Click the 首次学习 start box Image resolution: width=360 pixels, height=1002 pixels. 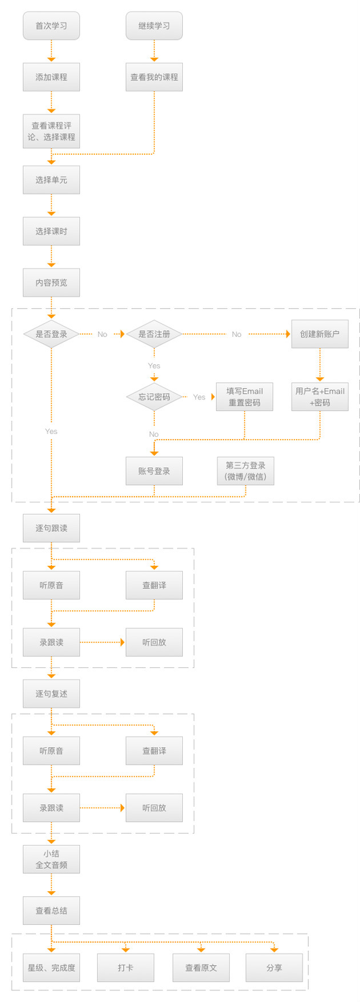(x=51, y=26)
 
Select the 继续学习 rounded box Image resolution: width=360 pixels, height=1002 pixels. (x=154, y=26)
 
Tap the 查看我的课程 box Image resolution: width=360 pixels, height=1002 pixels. (x=154, y=77)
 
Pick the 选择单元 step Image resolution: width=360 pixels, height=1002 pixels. (x=51, y=180)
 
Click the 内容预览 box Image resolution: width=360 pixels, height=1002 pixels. (x=51, y=283)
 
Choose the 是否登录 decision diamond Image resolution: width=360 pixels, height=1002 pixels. (x=51, y=334)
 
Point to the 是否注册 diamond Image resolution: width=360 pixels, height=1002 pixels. (x=154, y=334)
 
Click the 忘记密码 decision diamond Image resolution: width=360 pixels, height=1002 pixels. (x=154, y=397)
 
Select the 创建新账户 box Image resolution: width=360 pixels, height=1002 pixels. (x=320, y=334)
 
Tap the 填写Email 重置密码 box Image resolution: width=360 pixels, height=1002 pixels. (x=245, y=397)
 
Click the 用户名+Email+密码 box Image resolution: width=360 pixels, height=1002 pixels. (x=320, y=397)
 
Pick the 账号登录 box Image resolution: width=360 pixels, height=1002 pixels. (x=154, y=471)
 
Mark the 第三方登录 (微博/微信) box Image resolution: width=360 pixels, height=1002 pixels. (x=246, y=471)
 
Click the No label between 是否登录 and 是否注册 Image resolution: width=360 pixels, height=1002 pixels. (x=102, y=334)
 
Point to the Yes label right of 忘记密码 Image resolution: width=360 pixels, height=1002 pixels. (x=199, y=397)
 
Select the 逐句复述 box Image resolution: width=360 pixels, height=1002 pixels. (x=51, y=694)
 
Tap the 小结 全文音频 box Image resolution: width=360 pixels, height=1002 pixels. (x=51, y=859)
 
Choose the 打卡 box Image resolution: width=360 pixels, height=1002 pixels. (x=126, y=967)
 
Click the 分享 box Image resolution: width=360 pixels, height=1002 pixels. (x=274, y=967)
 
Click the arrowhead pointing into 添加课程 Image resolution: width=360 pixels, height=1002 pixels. (x=51, y=60)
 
